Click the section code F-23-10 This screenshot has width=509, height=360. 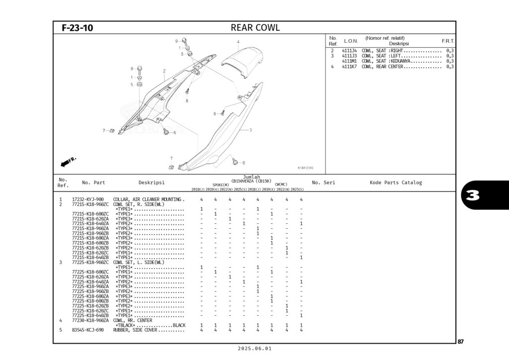[77, 28]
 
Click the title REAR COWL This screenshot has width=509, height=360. [255, 28]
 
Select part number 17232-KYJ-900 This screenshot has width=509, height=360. [88, 199]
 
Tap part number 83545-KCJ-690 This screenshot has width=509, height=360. [88, 330]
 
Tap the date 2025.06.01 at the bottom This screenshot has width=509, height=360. [254, 349]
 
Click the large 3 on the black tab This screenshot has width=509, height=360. [473, 195]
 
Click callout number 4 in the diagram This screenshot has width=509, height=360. [238, 41]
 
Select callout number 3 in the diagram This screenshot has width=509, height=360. [251, 130]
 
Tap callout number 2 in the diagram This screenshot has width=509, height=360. [164, 71]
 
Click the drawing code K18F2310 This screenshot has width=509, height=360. [305, 168]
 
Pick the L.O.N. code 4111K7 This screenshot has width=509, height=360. [348, 67]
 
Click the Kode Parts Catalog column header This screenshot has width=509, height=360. [396, 182]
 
